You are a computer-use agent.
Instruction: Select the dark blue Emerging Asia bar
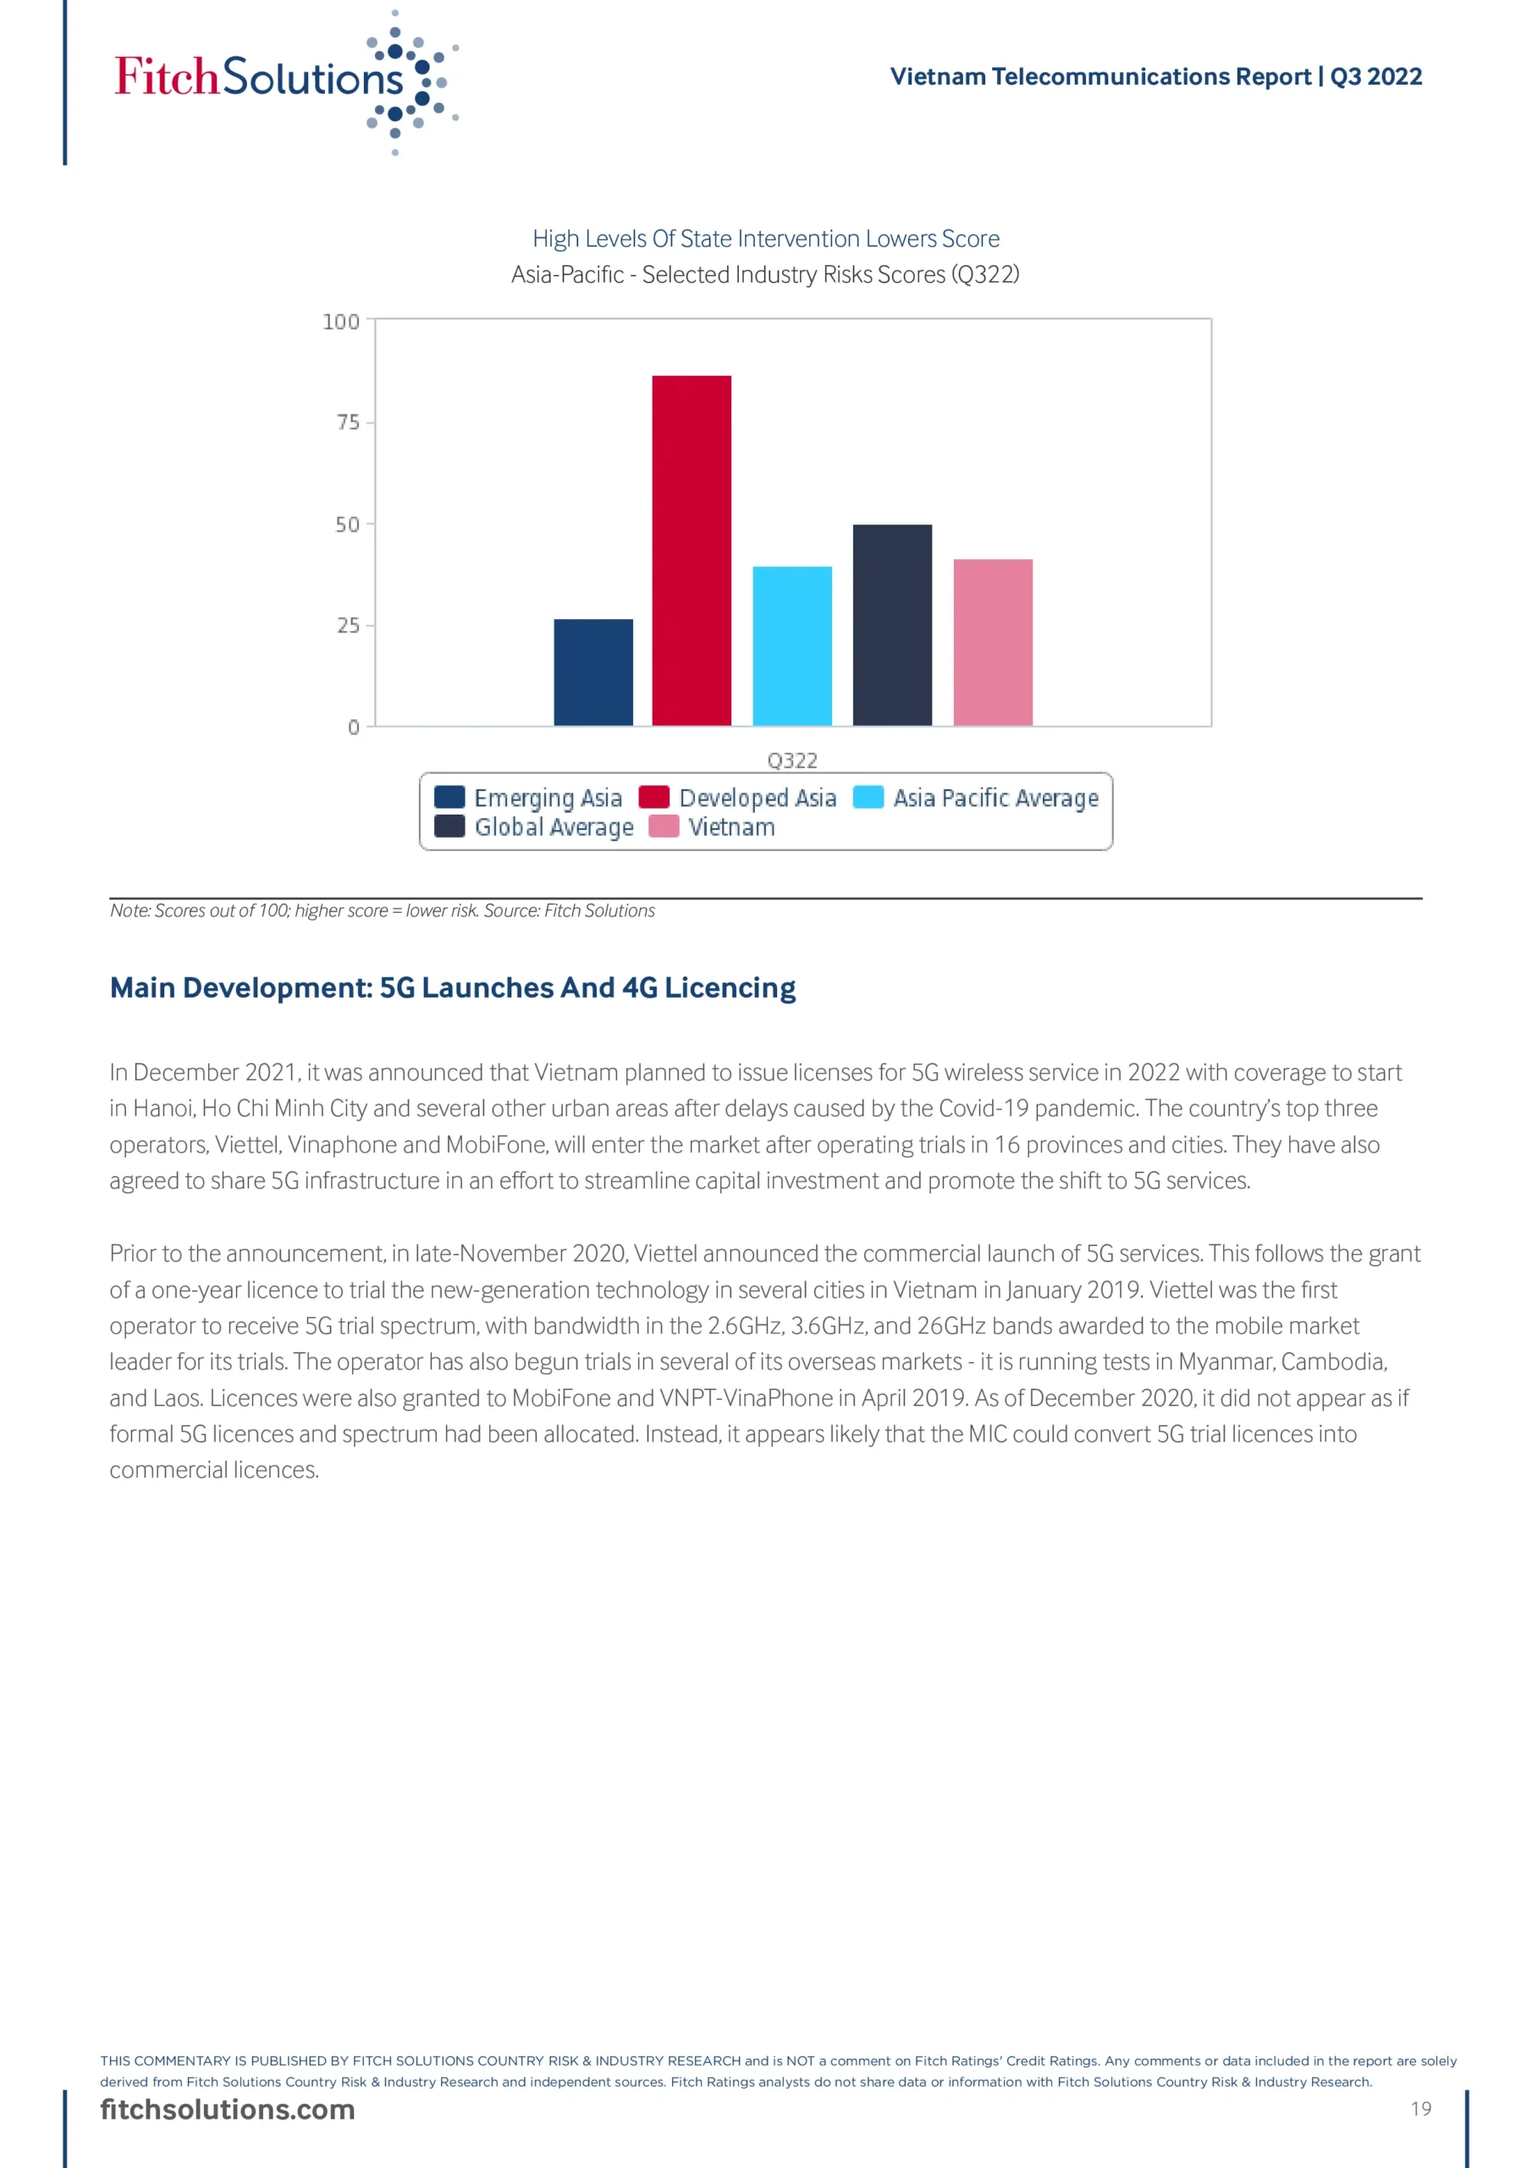coord(592,672)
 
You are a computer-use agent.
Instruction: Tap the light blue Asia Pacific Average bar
coord(792,646)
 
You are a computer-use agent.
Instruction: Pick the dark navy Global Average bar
coord(892,625)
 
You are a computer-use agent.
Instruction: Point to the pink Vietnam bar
coord(992,642)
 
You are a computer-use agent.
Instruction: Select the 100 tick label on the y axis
coord(341,322)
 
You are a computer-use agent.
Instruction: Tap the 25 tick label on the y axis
coord(349,625)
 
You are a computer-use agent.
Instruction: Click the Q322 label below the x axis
coord(792,760)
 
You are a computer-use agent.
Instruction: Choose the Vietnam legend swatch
coord(664,827)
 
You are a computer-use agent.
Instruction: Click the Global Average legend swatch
coord(449,827)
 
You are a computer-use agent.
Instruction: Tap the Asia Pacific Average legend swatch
coord(868,797)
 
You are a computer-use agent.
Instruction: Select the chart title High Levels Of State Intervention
coord(765,239)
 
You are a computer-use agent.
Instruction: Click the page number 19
coord(1420,2109)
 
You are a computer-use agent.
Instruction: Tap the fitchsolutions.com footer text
coord(228,2110)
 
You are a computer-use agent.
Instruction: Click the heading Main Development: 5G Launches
coord(452,987)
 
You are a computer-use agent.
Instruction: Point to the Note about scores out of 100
coord(383,910)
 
